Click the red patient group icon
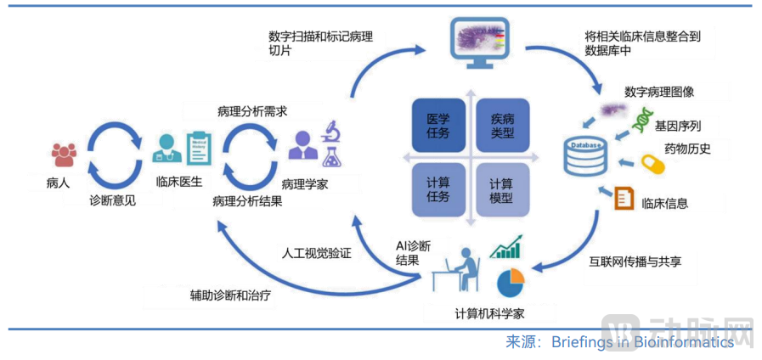(64, 154)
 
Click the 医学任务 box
(437, 126)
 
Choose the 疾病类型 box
(501, 126)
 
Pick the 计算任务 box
(437, 189)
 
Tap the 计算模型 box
(501, 189)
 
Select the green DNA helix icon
(640, 124)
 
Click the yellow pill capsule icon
(652, 163)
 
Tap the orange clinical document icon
(625, 199)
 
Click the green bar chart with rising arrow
(506, 246)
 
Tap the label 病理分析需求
(252, 111)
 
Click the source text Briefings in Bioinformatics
(641, 342)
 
